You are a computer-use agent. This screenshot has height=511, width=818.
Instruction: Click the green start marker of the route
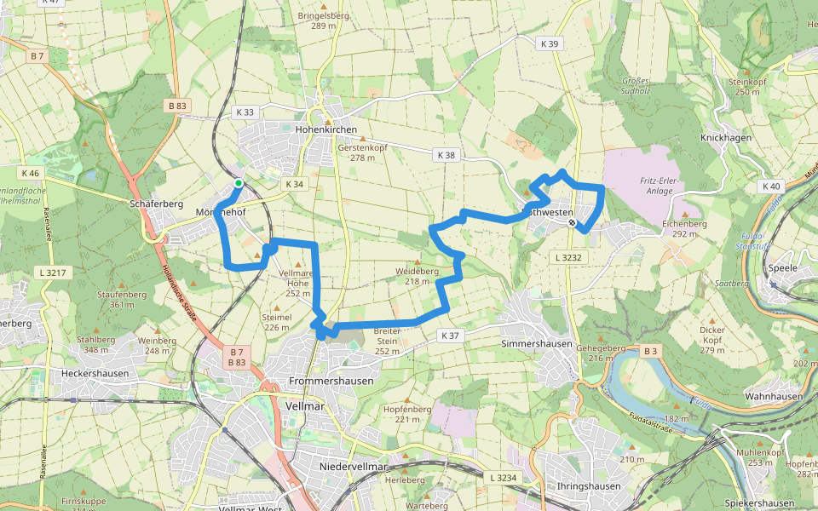pos(239,182)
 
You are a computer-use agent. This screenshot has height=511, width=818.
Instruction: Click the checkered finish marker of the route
pos(573,222)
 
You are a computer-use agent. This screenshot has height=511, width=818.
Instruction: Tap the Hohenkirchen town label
pos(325,129)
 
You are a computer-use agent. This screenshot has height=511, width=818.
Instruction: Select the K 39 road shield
pos(549,43)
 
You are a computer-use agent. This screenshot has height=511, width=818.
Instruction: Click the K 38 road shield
pos(446,155)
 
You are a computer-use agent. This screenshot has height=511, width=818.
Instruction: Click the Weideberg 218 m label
pos(417,276)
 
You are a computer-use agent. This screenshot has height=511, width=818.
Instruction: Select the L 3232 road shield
pos(567,256)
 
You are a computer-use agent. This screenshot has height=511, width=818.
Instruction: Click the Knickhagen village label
pos(725,138)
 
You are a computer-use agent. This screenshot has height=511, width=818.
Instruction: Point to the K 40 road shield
pos(772,186)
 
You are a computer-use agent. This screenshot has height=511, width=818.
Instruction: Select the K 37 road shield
pos(450,336)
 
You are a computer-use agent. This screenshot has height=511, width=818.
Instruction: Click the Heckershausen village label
pos(95,373)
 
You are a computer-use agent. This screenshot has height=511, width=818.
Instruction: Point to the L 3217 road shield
pos(52,273)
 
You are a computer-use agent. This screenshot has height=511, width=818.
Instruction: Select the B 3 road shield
pos(651,350)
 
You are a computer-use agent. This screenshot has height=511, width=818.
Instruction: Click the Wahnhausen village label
pos(774,397)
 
